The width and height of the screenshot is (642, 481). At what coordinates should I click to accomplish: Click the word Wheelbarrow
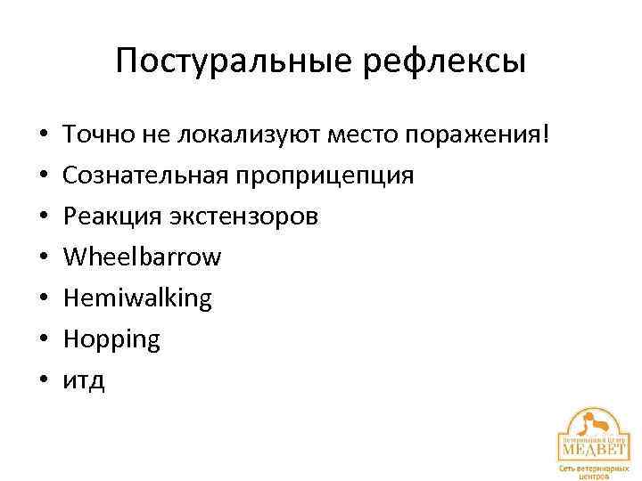(x=142, y=257)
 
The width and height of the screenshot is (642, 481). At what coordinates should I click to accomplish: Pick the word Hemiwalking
(x=137, y=298)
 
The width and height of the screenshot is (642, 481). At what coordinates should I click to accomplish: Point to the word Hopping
(x=111, y=339)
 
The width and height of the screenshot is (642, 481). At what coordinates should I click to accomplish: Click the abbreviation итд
(x=84, y=380)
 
